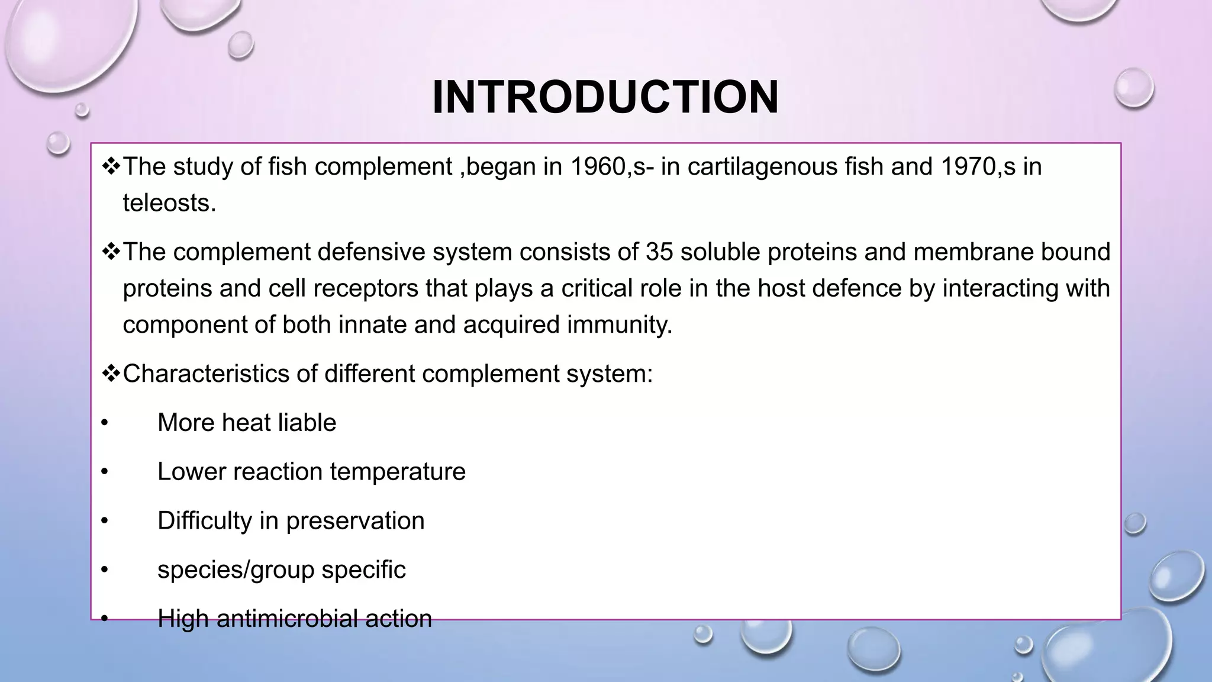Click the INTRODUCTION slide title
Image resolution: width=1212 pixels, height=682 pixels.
(605, 97)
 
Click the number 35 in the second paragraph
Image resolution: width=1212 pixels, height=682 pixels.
(659, 252)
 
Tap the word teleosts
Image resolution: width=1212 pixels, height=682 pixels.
(169, 203)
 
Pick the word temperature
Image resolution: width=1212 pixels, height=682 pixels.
(398, 472)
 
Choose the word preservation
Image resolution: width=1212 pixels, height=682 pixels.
(355, 521)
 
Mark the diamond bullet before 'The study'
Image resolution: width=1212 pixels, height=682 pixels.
(110, 166)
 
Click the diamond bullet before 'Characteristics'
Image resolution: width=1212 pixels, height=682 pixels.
(110, 374)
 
